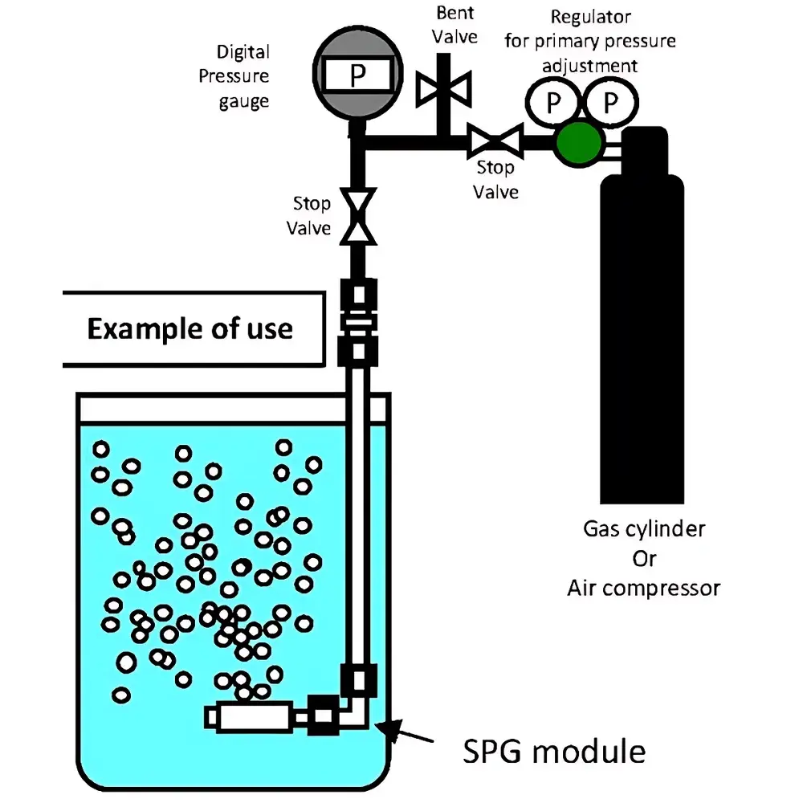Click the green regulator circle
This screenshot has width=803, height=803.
coord(580,142)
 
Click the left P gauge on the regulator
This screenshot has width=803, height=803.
coord(552,102)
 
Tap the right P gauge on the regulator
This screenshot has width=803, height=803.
coord(611,102)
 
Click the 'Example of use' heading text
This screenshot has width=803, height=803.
coord(190,328)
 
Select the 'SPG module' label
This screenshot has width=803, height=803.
coord(554,752)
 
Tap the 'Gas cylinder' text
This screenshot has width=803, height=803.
coord(643,529)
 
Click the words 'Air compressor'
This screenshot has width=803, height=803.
coord(643,588)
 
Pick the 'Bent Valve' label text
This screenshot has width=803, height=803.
coord(456,25)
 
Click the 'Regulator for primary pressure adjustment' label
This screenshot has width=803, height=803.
coord(590,40)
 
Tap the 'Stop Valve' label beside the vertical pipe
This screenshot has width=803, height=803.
coord(310,216)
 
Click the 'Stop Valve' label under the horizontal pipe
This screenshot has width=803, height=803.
coord(495,180)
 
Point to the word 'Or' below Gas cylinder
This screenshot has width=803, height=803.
coord(643,558)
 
